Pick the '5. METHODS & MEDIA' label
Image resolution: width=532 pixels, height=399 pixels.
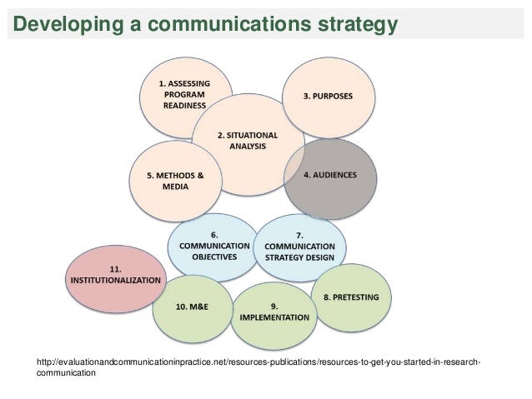pyautogui.click(x=173, y=181)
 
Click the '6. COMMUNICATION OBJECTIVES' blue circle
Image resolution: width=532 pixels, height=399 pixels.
pyautogui.click(x=213, y=247)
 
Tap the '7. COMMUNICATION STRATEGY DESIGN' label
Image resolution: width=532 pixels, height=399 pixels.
pyautogui.click(x=299, y=247)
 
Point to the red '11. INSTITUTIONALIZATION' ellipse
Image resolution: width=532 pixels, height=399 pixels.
pyautogui.click(x=114, y=276)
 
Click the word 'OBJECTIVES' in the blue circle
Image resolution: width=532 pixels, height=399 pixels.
pyautogui.click(x=213, y=257)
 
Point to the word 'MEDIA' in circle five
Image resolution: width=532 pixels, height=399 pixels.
pyautogui.click(x=173, y=187)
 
